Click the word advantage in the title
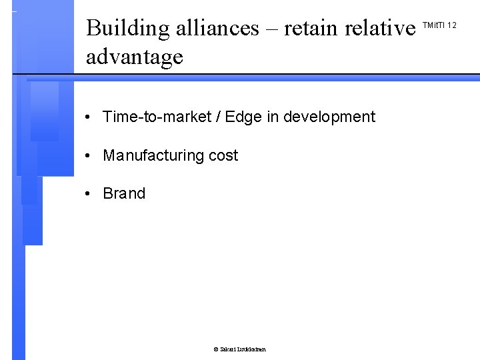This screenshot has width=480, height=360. tap(134, 57)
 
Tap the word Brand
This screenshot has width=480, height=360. tap(124, 194)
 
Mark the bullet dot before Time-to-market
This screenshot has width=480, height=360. tap(88, 118)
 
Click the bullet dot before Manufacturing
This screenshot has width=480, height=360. tap(88, 157)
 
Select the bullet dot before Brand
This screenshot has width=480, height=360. tap(88, 195)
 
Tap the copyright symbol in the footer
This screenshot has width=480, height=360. tap(215, 349)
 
